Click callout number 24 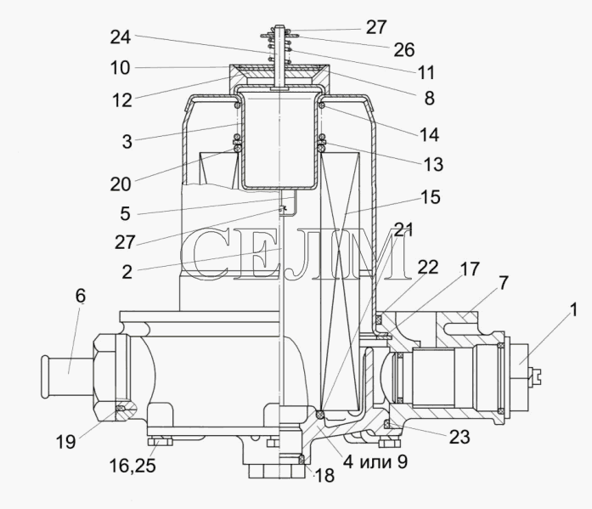point(121,37)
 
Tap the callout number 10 point(120,68)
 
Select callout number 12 point(122,100)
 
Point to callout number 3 point(127,142)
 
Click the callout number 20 point(121,184)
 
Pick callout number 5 point(126,214)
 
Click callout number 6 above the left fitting point(81,296)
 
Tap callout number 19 point(65,441)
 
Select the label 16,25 point(132,466)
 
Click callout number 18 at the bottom point(324,475)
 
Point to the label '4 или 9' point(375,461)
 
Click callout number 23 point(460,437)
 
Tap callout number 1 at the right point(573,310)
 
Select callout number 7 point(504,283)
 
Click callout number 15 point(430,197)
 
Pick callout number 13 point(433,164)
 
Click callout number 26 point(404,49)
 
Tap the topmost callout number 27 point(376,27)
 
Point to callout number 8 point(430,99)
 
